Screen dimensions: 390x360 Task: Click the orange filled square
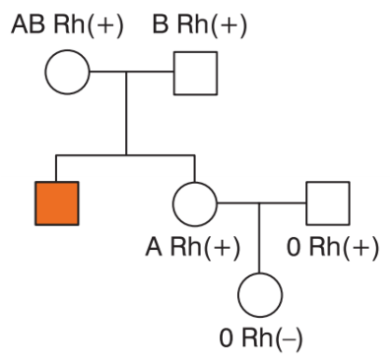57,203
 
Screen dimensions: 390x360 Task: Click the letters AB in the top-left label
28,24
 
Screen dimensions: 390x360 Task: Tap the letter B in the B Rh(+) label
160,24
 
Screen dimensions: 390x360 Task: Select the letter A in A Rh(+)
154,247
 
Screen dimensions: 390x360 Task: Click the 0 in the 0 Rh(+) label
294,247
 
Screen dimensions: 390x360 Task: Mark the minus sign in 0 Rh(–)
288,339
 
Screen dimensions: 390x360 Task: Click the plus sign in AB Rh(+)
104,25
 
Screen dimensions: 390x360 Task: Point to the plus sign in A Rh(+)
221,248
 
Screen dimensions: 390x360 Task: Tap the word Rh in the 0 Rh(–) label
256,338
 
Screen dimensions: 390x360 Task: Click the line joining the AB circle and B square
132,72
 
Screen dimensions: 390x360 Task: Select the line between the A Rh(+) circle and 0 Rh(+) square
261,203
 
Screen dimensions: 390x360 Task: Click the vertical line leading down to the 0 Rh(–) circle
259,238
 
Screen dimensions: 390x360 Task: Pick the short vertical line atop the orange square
56,168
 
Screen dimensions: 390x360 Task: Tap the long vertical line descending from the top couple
126,113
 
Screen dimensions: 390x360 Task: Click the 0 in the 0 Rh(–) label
226,338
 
